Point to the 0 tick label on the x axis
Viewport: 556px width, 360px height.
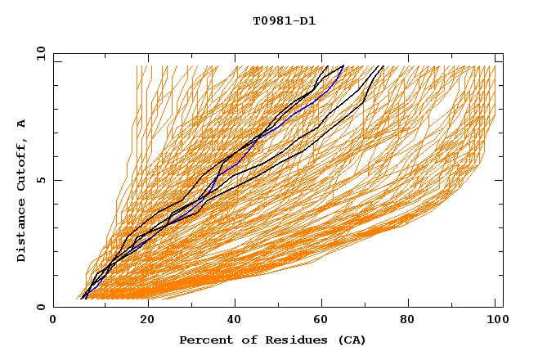54,320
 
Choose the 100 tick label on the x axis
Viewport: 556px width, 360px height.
493,320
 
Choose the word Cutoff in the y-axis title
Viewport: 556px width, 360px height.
21,164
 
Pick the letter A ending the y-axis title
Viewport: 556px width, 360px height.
21,123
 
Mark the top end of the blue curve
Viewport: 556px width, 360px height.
343,67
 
